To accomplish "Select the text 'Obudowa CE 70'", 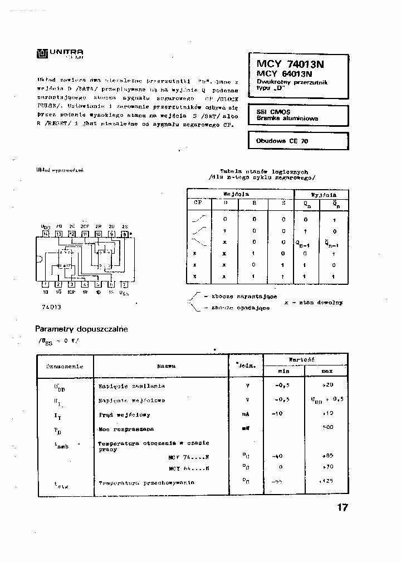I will pos(282,141).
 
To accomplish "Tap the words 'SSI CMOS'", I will pos(270,112).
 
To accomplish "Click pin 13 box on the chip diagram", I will pos(58,234).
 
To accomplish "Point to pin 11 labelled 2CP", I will pos(85,234).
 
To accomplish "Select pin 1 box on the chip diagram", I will pos(45,283).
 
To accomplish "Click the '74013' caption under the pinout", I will pos(51,307).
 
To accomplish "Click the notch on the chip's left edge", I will pos(39,259).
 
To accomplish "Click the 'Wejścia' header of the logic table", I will pos(236,195).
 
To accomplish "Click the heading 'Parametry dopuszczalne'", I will pos(81,329).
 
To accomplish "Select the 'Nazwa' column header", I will pos(166,366).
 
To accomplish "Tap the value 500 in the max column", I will pos(327,427).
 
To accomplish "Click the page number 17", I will pos(341,507).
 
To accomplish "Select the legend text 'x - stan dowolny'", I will pos(313,303).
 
